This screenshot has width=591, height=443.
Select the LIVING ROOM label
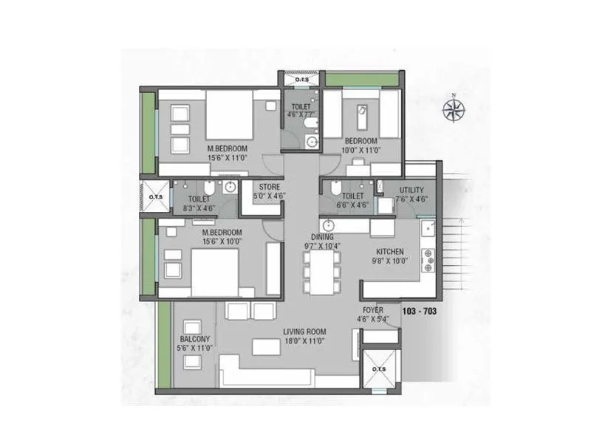click(x=304, y=332)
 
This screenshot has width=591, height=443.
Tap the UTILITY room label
click(x=411, y=190)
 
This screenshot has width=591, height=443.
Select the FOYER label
click(x=372, y=310)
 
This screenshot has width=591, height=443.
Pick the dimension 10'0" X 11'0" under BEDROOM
click(x=361, y=150)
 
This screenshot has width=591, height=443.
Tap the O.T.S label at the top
click(x=301, y=79)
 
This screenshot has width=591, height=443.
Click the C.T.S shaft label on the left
click(x=156, y=197)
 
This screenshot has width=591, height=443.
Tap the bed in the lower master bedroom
click(x=215, y=272)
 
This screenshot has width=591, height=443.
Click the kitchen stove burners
click(x=428, y=259)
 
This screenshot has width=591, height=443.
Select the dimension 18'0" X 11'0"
click(x=304, y=342)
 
